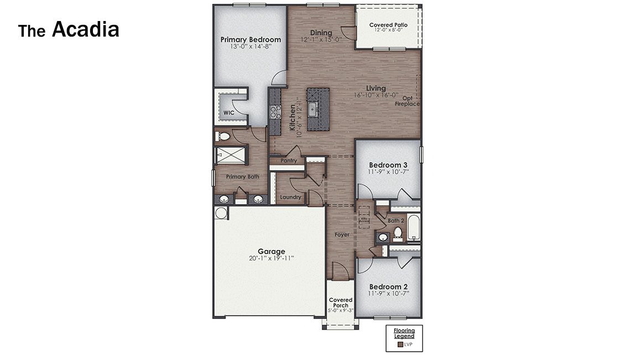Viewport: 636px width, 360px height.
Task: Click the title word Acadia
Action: pos(85,30)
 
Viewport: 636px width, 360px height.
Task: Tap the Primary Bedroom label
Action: pos(251,40)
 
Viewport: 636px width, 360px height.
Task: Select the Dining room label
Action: pos(321,33)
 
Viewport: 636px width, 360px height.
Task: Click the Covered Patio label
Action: pos(388,25)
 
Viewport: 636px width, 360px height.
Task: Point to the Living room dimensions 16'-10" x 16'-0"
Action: pos(376,95)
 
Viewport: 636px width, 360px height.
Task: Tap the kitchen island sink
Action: pos(312,109)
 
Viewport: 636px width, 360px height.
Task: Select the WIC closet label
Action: pos(228,113)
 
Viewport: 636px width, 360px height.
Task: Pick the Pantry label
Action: pos(289,161)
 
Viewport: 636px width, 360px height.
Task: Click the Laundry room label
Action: pos(290,197)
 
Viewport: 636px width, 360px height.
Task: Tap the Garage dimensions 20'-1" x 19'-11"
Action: pos(270,258)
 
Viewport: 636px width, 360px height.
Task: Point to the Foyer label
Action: pos(342,234)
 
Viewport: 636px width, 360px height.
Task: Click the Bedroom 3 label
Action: pos(388,165)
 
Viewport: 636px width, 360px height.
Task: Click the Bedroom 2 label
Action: pos(388,287)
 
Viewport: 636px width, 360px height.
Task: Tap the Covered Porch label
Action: pos(341,302)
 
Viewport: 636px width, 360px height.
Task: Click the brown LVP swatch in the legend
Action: pos(400,345)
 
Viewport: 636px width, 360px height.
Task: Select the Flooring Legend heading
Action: pos(404,333)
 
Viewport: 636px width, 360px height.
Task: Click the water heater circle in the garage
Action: pos(221,213)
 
